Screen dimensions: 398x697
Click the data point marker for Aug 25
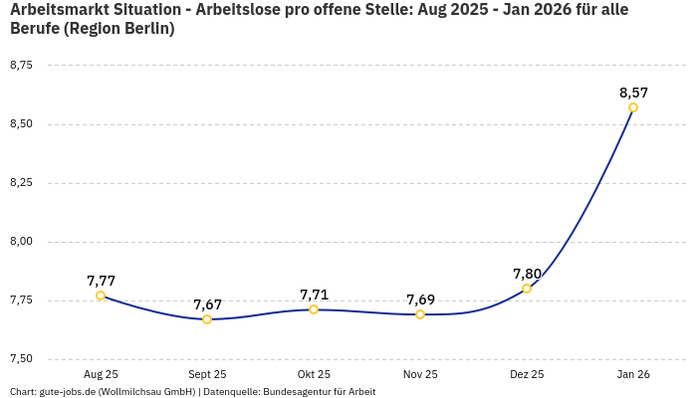coord(101,296)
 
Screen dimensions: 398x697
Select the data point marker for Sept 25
coord(207,319)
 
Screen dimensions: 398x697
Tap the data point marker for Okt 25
coord(314,309)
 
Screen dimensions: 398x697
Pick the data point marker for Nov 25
coord(420,314)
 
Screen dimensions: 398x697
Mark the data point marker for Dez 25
coord(527,289)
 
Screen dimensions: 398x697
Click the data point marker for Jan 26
coord(633,107)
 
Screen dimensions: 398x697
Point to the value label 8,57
coord(633,93)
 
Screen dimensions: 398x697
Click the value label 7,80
coord(527,274)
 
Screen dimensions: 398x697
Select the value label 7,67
coord(207,304)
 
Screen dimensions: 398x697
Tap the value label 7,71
coord(314,295)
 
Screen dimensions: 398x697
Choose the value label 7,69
coord(420,299)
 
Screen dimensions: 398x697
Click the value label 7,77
coord(101,281)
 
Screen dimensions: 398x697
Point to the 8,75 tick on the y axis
coord(21,66)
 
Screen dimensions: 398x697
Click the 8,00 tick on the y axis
coord(21,242)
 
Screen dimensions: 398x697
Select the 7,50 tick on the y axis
coord(21,359)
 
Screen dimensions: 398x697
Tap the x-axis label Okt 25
coord(314,374)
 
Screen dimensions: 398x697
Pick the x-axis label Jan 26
coord(633,374)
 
